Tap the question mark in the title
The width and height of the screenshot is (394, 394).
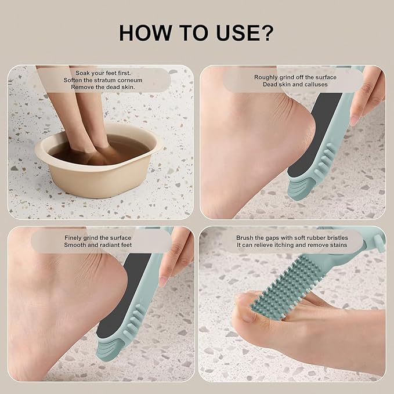pos(266,33)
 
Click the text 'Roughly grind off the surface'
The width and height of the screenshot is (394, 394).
pos(295,77)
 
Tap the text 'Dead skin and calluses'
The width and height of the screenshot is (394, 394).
pos(295,84)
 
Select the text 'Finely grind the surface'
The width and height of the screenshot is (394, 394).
pos(98,237)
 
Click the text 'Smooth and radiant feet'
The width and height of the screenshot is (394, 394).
pos(98,245)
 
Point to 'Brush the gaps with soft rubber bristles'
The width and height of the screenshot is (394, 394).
pos(295,237)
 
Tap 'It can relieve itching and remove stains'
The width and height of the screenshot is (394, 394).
pos(295,245)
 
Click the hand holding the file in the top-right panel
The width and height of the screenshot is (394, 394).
pos(368,93)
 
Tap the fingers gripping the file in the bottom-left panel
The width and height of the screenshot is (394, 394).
pos(177,255)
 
